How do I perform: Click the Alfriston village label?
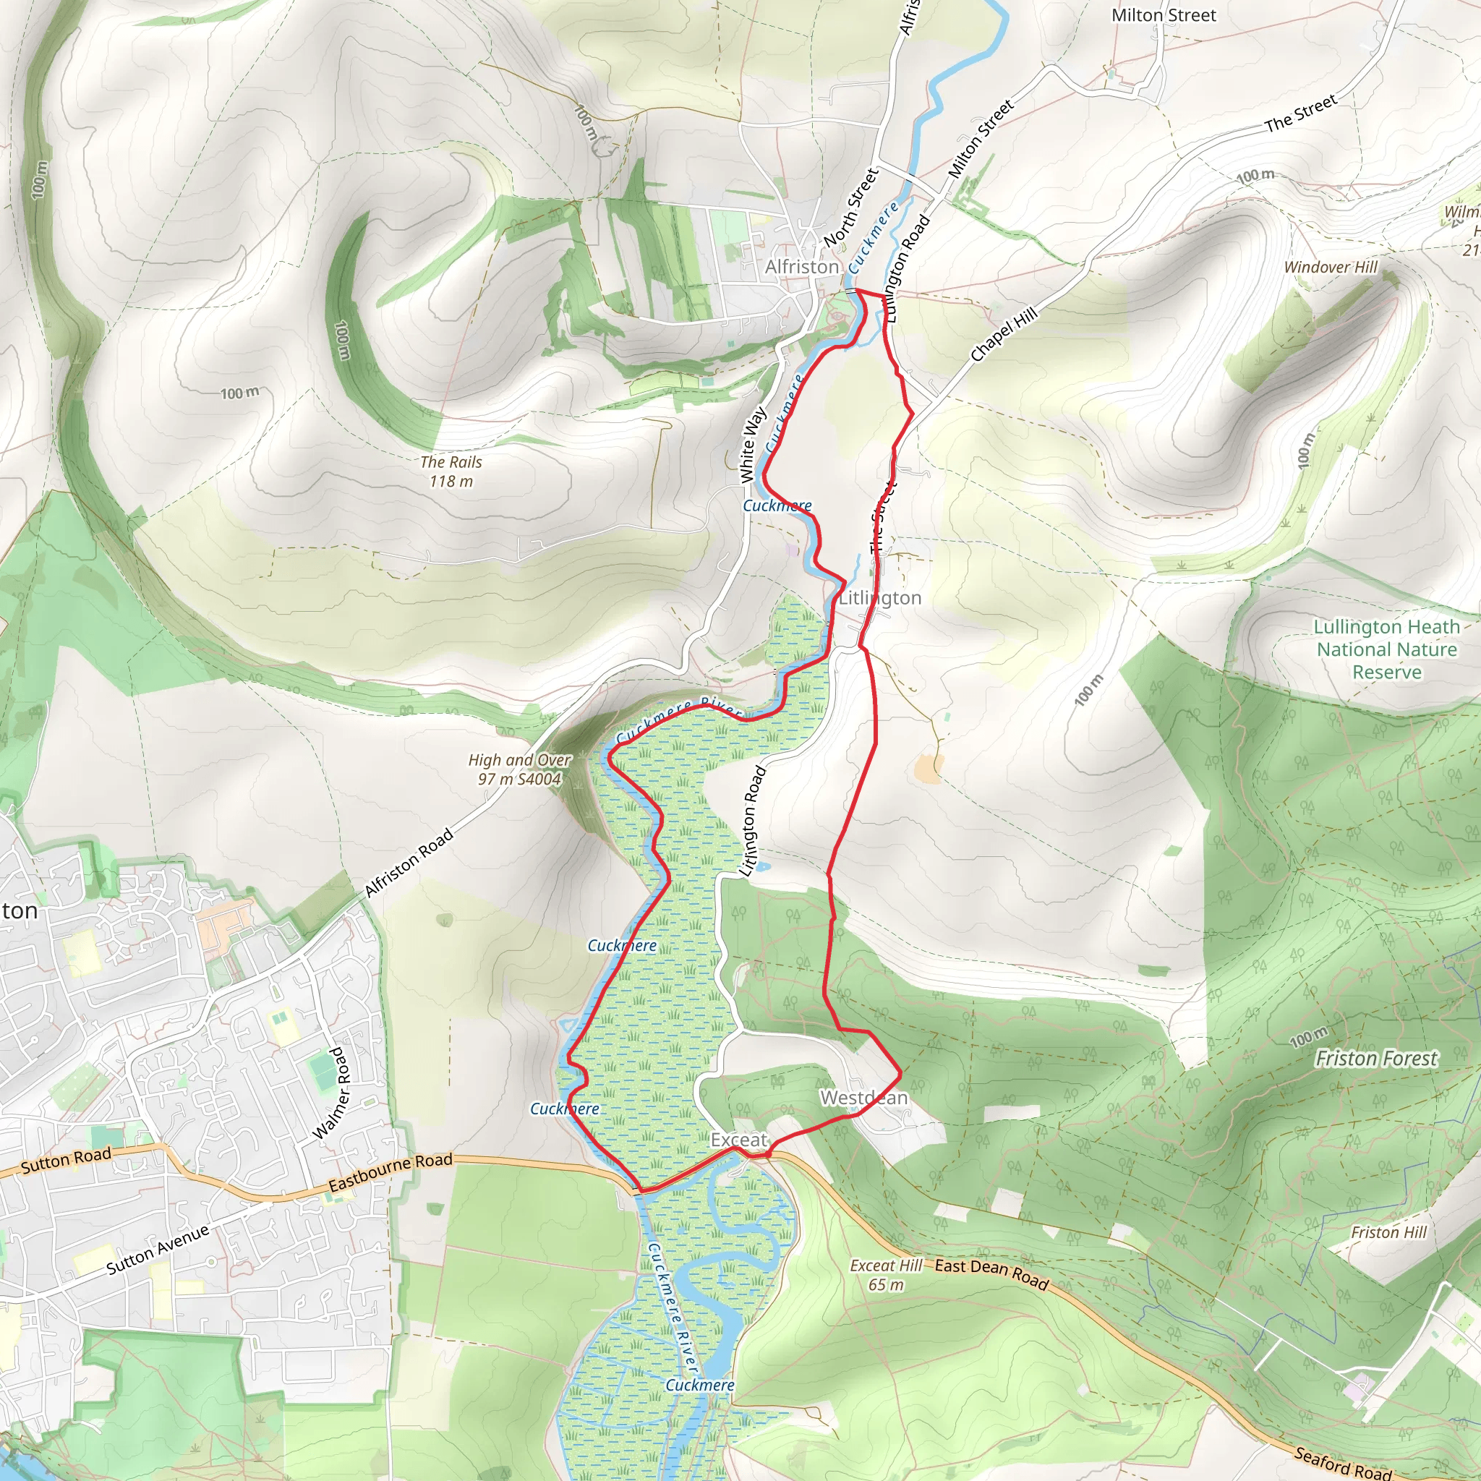pos(802,267)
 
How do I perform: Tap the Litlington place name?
pos(880,598)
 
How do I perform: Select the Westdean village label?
pos(864,1098)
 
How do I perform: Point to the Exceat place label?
pos(738,1140)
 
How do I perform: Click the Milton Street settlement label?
pos(1164,15)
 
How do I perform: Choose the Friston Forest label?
pos(1376,1059)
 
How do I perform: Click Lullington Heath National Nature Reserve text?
pos(1387,649)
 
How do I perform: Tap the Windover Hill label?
pos(1331,267)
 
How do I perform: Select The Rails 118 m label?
pos(451,471)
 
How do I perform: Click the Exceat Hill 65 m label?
pos(886,1275)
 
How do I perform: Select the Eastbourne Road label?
pos(390,1173)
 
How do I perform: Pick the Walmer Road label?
pos(331,1093)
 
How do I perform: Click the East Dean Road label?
pos(991,1273)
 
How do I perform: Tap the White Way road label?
pos(753,445)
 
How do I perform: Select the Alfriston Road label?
pos(409,863)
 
